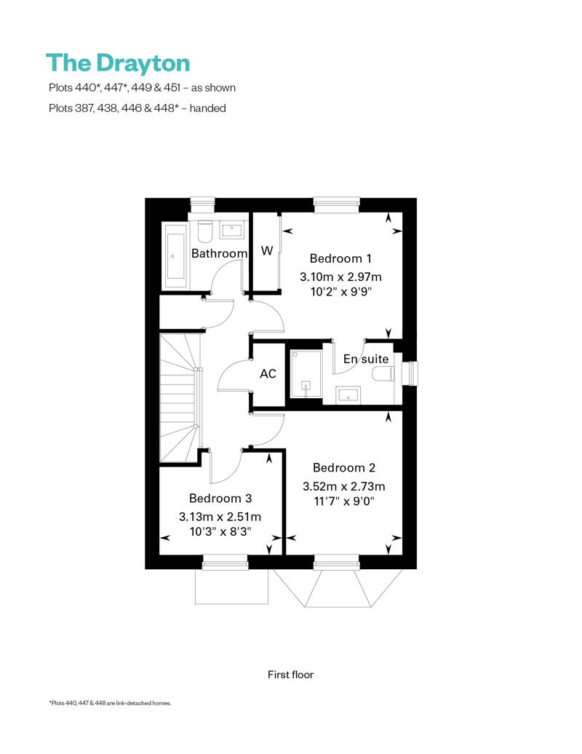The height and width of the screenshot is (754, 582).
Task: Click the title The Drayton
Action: pyautogui.click(x=118, y=63)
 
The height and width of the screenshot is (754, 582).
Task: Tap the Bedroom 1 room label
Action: pyautogui.click(x=340, y=258)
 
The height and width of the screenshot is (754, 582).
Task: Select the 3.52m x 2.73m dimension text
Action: pyautogui.click(x=343, y=487)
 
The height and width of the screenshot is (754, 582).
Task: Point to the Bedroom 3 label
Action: pyautogui.click(x=220, y=499)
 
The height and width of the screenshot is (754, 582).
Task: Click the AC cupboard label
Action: pyautogui.click(x=268, y=374)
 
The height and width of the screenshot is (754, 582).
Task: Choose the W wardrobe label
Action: pyautogui.click(x=267, y=250)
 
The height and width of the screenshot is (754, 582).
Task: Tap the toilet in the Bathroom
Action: pyautogui.click(x=205, y=231)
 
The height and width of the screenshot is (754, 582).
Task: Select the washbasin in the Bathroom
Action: pyautogui.click(x=233, y=229)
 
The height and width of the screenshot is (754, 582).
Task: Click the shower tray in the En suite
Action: pyautogui.click(x=306, y=373)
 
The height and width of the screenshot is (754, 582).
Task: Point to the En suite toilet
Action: pyautogui.click(x=384, y=373)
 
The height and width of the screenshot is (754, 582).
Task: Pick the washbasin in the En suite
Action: pyautogui.click(x=348, y=394)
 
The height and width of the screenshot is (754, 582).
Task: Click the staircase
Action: pyautogui.click(x=180, y=397)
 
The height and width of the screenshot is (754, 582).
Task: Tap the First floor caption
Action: pyautogui.click(x=290, y=675)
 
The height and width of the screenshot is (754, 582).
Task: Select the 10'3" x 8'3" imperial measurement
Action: pyautogui.click(x=220, y=532)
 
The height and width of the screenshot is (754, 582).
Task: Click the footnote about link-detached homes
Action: pyautogui.click(x=110, y=703)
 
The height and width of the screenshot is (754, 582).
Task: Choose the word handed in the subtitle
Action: pyautogui.click(x=207, y=108)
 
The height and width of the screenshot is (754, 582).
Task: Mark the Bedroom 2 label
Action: pyautogui.click(x=344, y=468)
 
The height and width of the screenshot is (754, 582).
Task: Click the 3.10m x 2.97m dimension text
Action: pyautogui.click(x=340, y=277)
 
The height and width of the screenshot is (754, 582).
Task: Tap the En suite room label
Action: pyautogui.click(x=366, y=360)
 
